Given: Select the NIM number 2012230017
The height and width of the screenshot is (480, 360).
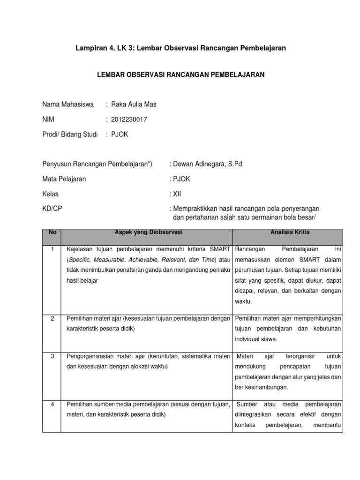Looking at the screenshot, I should click(128, 120).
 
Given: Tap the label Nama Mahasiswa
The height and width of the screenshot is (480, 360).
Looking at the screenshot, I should click(67, 105).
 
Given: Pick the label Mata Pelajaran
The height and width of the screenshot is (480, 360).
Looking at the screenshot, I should click(64, 179).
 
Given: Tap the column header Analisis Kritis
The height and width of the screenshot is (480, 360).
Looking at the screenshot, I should click(290, 232).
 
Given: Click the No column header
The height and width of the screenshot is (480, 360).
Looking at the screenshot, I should click(52, 232).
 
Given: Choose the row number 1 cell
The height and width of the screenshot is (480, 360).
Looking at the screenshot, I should click(52, 249).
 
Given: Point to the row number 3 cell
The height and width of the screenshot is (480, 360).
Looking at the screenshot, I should click(52, 356).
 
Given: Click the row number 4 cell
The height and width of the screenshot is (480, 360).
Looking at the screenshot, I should click(52, 405).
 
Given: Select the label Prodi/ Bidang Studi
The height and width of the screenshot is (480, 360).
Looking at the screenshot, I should click(70, 135).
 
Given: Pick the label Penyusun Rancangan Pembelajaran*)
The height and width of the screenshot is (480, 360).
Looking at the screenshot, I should click(97, 164).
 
